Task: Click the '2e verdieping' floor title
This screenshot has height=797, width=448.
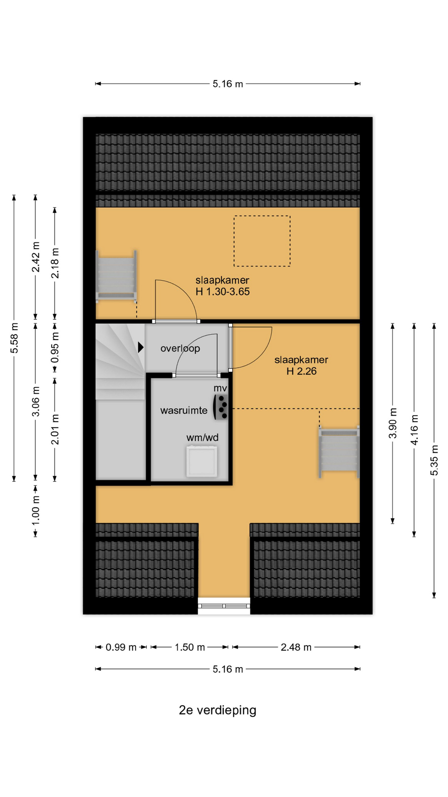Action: (217, 710)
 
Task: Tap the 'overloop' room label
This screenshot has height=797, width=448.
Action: (180, 349)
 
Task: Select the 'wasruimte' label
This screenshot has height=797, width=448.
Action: (184, 411)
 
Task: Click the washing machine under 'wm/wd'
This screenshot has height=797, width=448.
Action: (202, 461)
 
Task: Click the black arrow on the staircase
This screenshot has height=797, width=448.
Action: (141, 347)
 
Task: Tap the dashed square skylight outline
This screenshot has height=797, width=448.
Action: (262, 241)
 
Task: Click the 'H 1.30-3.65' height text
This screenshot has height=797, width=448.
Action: (223, 292)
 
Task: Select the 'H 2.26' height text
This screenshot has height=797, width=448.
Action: (302, 371)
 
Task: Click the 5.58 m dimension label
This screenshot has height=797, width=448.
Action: (15, 338)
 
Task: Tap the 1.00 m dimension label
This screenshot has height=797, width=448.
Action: (36, 510)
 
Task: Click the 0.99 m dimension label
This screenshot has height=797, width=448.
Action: (121, 647)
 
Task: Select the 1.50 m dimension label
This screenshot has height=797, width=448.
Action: (190, 647)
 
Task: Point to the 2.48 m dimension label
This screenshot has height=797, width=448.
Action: (296, 647)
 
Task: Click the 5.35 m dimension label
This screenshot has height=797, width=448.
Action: (434, 460)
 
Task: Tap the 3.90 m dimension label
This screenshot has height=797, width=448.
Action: (393, 423)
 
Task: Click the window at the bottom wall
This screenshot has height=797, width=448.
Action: (224, 606)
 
